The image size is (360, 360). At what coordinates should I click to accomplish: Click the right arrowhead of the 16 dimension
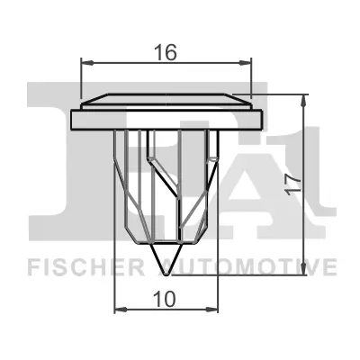click(x=246, y=63)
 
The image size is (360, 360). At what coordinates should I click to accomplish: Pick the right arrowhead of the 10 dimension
click(x=214, y=309)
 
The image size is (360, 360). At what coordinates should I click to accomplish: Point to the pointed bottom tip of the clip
click(x=166, y=272)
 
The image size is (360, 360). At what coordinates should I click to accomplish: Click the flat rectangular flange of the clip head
click(x=167, y=118)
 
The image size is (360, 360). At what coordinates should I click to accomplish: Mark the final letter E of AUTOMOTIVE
click(x=332, y=267)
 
